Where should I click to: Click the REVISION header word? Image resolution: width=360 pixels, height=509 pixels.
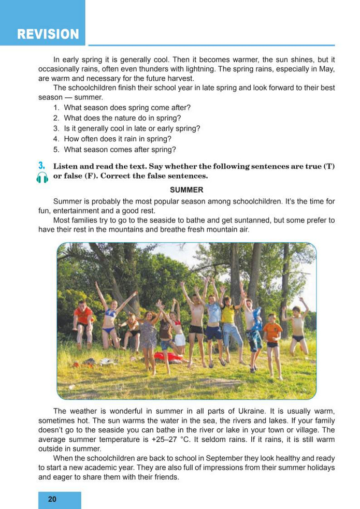(48, 34)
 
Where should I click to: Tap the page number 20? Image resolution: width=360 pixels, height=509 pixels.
(52, 499)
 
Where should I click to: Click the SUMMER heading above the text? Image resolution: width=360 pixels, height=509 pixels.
(186, 190)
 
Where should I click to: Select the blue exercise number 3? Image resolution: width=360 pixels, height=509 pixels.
(41, 166)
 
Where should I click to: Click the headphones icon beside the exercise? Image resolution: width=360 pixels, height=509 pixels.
(42, 178)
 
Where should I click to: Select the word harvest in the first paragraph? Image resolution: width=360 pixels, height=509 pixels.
(178, 79)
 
